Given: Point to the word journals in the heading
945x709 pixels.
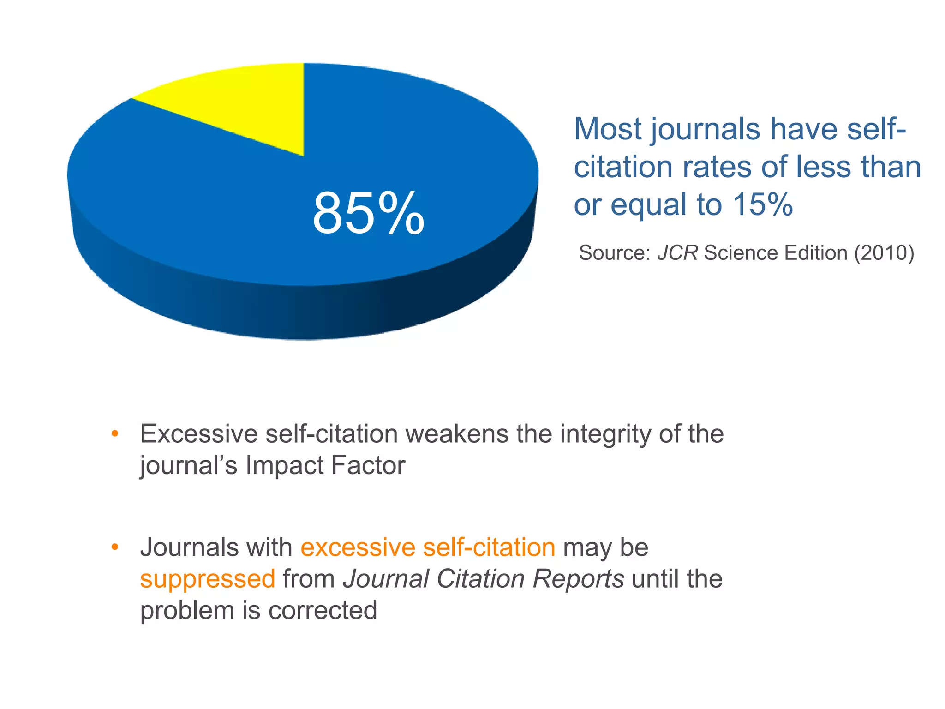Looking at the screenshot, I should (x=706, y=130).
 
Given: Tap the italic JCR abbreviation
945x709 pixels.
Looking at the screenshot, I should (x=677, y=253).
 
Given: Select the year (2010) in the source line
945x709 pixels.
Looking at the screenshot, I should (x=884, y=253).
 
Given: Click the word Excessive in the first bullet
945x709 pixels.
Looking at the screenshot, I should (x=199, y=434).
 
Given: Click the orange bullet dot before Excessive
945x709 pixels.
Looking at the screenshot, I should (x=115, y=434).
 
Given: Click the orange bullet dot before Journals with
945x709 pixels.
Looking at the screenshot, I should (x=115, y=547).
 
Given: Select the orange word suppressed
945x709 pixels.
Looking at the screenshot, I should (x=208, y=579).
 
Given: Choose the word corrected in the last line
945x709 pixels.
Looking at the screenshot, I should (x=323, y=610).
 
